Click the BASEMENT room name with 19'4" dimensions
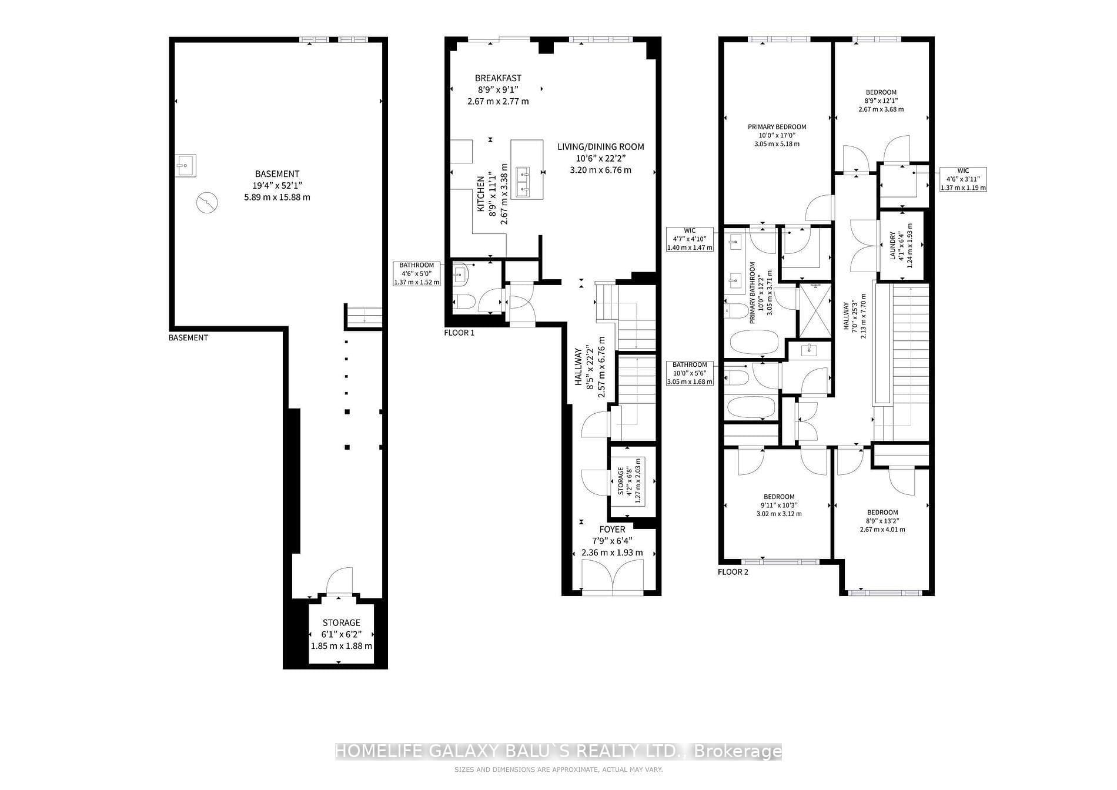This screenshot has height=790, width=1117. pyautogui.click(x=277, y=174)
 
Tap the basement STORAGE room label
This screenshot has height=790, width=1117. pyautogui.click(x=342, y=622)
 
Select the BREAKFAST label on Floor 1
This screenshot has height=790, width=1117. pyautogui.click(x=498, y=78)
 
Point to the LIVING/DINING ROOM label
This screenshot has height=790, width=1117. pyautogui.click(x=601, y=146)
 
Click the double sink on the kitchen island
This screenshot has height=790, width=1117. pyautogui.click(x=523, y=182)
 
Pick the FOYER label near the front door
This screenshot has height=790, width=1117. pyautogui.click(x=612, y=530)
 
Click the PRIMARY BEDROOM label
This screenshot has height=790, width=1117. pyautogui.click(x=777, y=127)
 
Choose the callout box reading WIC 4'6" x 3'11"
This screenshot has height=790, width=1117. pyautogui.click(x=963, y=179)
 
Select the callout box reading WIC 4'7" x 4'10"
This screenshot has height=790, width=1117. pyautogui.click(x=690, y=239)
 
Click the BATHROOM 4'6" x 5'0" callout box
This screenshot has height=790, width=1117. pyautogui.click(x=416, y=274)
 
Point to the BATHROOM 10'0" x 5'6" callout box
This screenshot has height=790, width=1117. pyautogui.click(x=690, y=373)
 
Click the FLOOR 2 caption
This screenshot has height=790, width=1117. pyautogui.click(x=733, y=572)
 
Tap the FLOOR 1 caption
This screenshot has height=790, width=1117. pyautogui.click(x=459, y=333)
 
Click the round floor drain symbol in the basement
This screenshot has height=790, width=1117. pyautogui.click(x=206, y=203)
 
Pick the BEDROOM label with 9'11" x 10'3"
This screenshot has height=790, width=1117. pyautogui.click(x=779, y=497)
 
